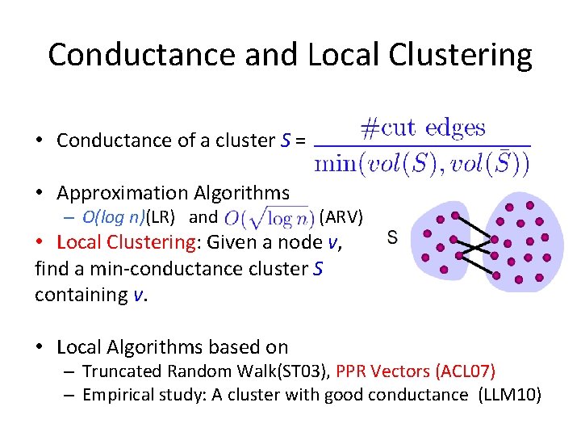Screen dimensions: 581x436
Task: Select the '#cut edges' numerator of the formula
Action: pos(422,128)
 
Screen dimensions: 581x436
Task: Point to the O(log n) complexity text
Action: pos(114,216)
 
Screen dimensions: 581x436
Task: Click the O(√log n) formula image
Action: pos(268,218)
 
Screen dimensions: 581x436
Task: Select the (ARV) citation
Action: pos(341,216)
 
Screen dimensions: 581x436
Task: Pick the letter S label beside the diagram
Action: pos(392,237)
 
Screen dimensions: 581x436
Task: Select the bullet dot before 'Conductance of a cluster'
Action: pos(40,140)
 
